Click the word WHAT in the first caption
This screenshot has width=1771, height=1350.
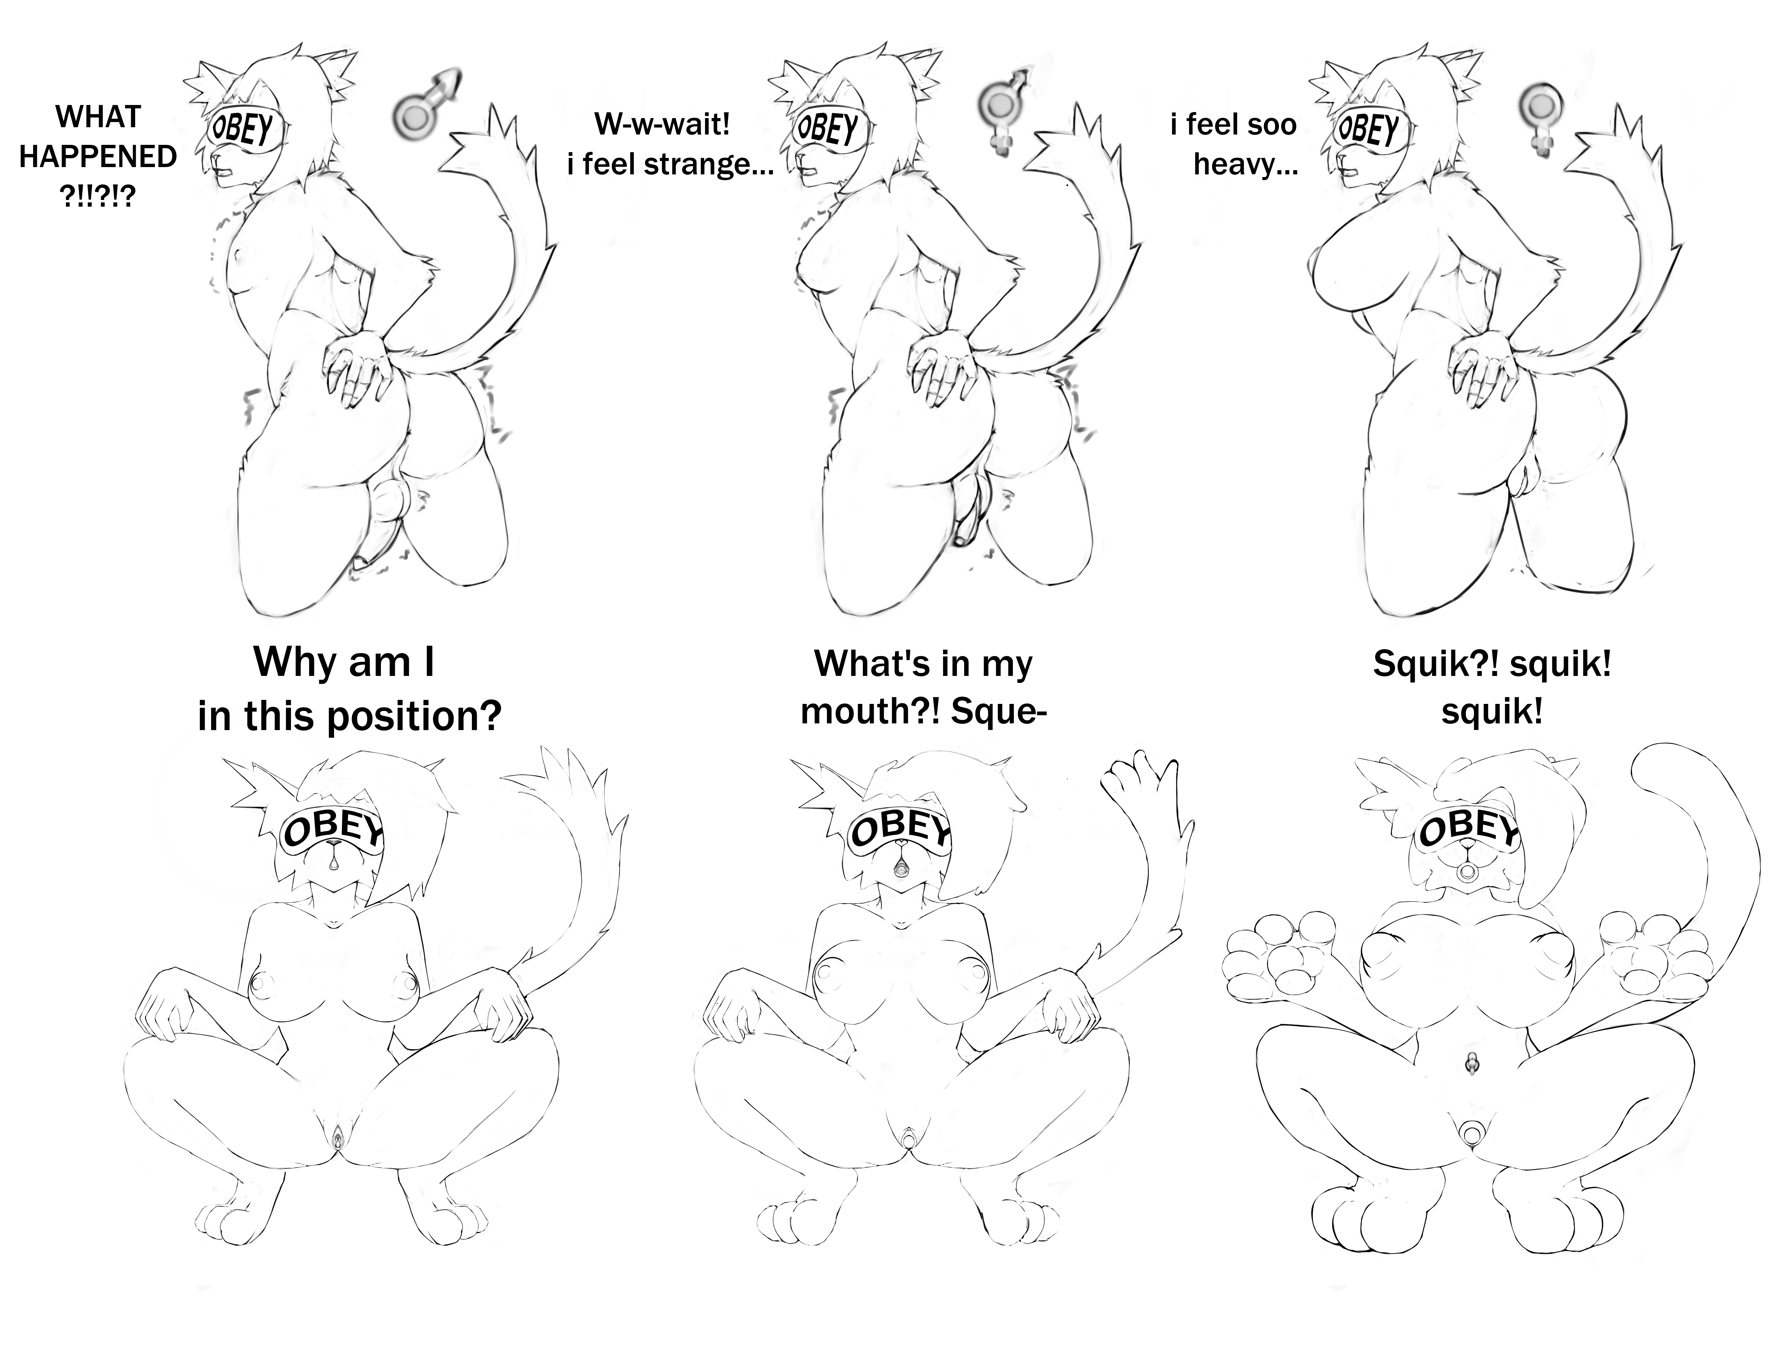[x=98, y=117]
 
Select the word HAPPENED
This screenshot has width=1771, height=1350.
[x=98, y=157]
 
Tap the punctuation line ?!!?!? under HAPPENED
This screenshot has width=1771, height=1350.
[x=98, y=196]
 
